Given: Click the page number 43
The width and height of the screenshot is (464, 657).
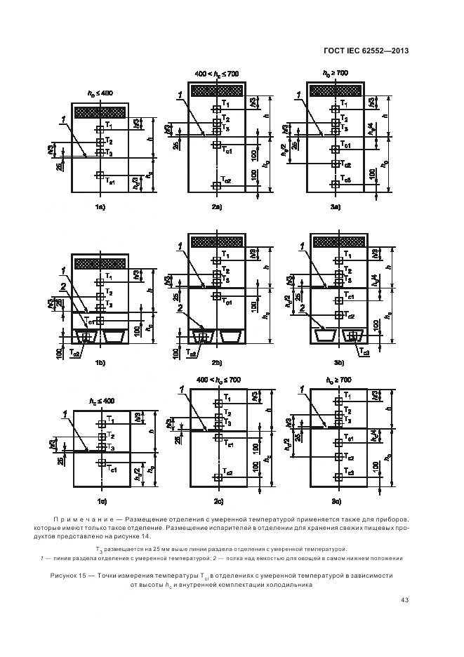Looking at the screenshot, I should click(405, 600).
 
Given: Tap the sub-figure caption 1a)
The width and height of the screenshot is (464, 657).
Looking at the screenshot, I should click(100, 207).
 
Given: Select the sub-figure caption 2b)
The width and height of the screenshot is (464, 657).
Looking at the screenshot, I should click(216, 363).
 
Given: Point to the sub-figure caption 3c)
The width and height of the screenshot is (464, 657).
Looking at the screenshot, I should click(336, 500).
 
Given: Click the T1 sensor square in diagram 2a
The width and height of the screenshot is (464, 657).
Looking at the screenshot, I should click(216, 108).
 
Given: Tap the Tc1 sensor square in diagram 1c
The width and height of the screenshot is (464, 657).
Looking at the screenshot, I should click(101, 463).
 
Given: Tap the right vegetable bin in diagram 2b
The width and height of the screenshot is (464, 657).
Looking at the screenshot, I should click(232, 336).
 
